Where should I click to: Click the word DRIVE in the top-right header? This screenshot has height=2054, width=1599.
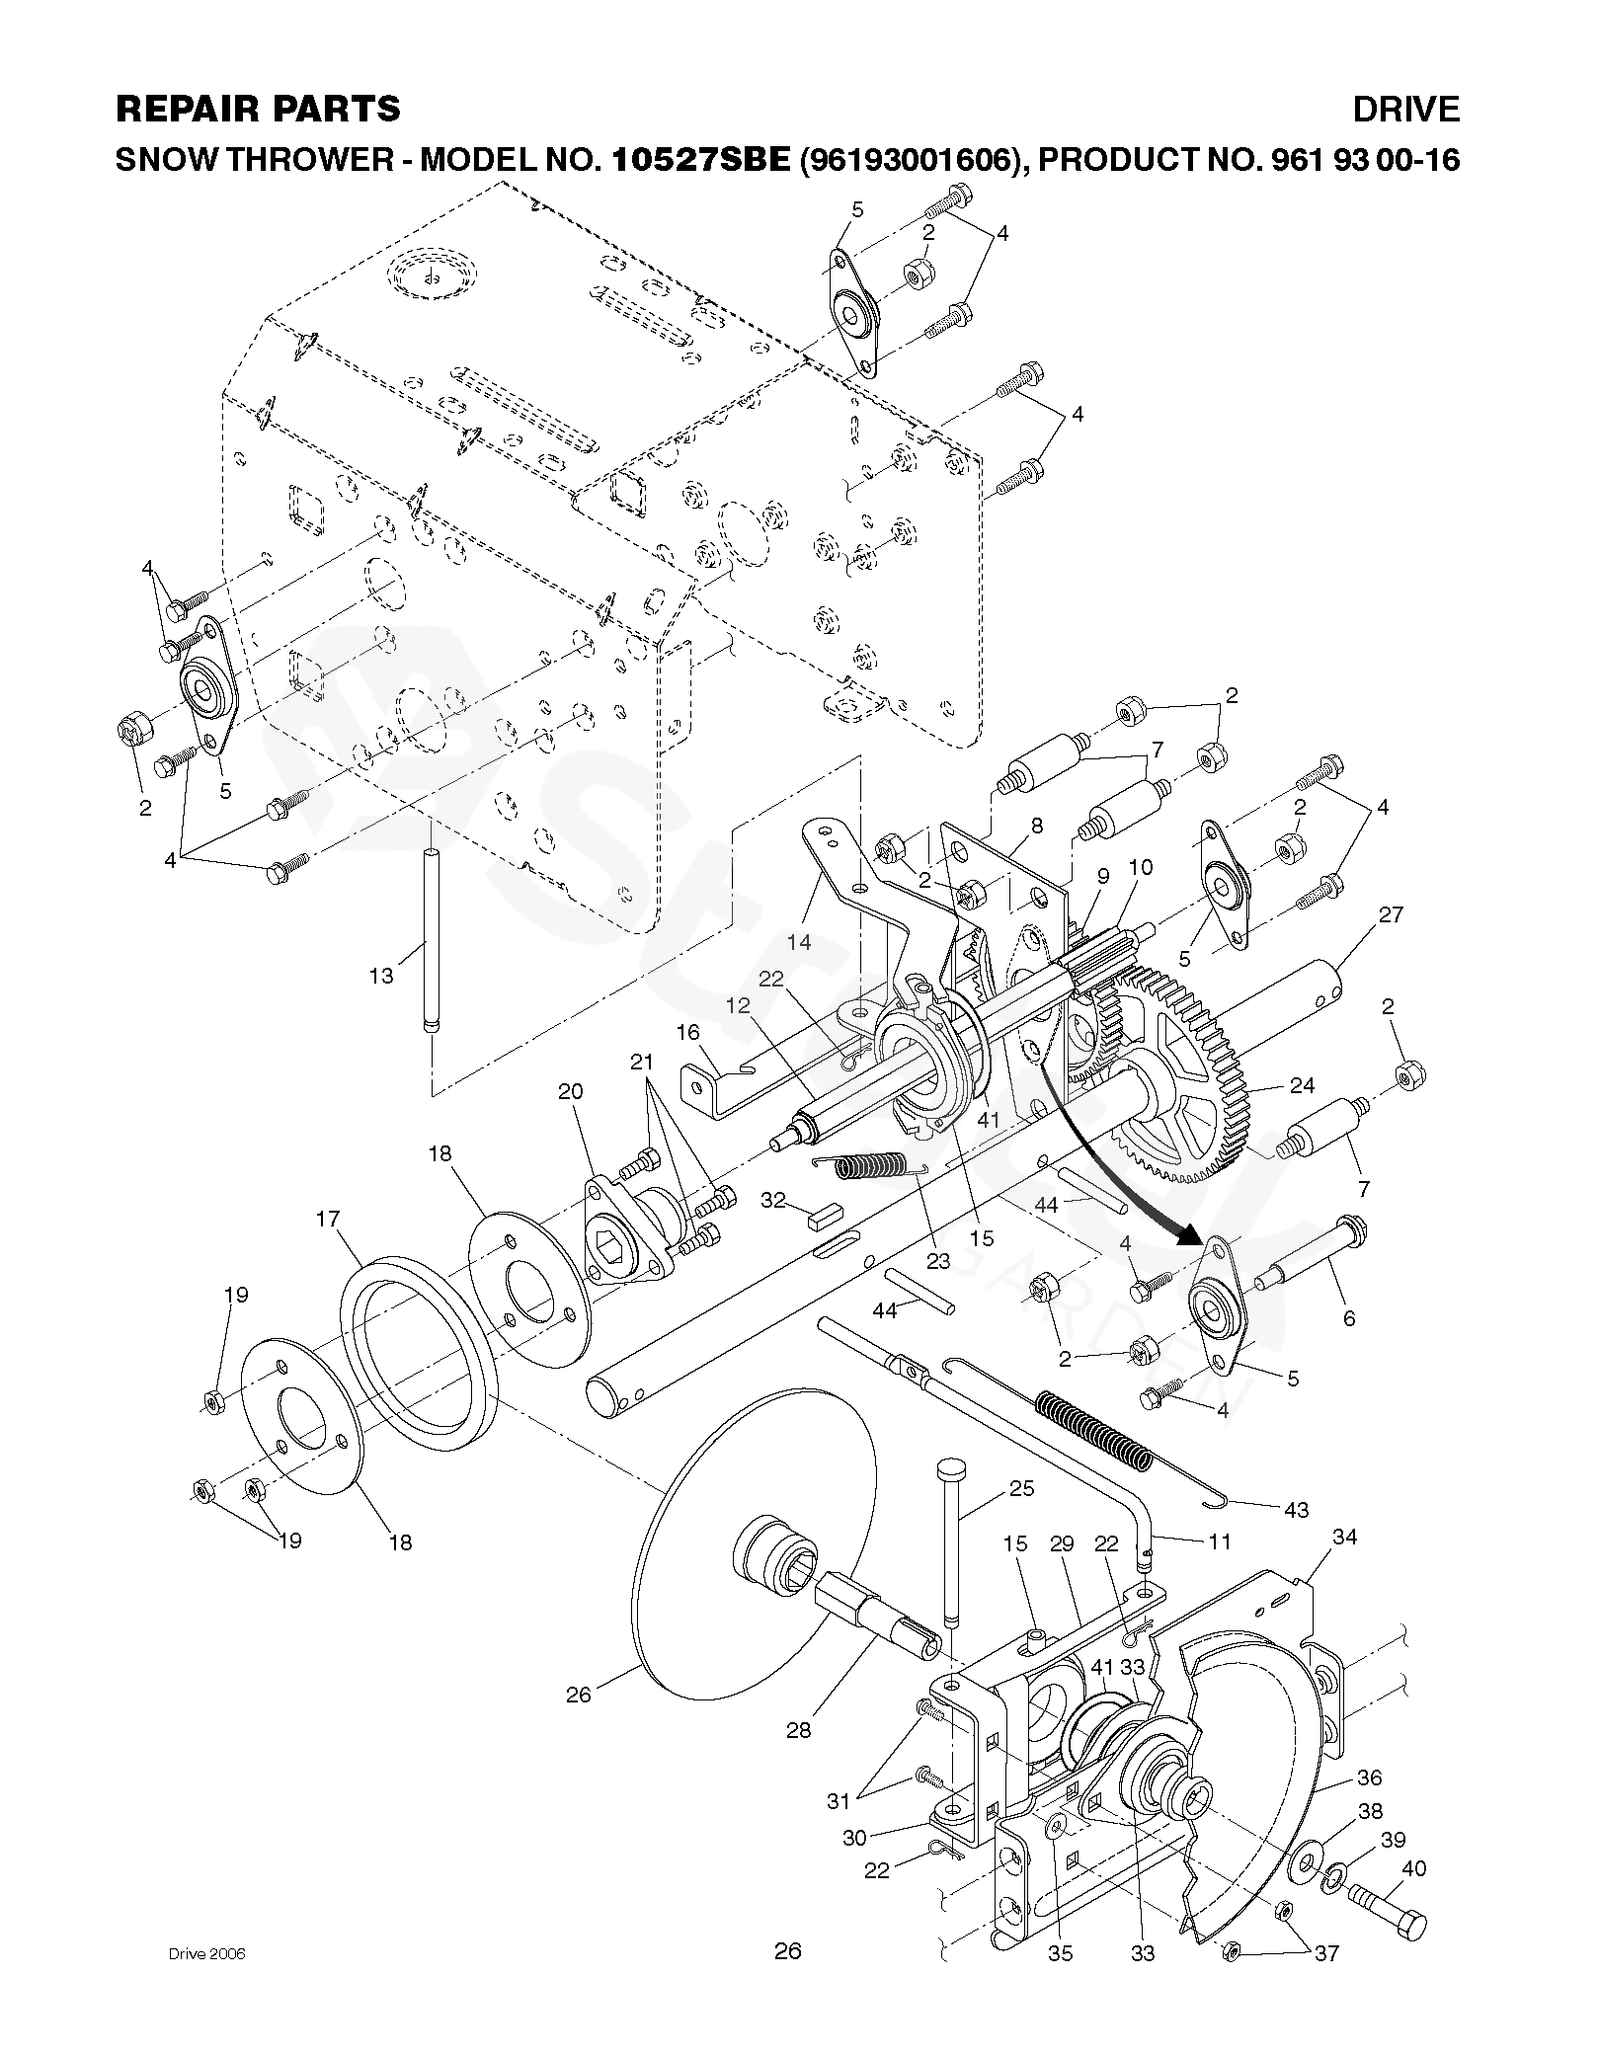(x=1405, y=109)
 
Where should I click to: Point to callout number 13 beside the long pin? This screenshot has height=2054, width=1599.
(x=381, y=976)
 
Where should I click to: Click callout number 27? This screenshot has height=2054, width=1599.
(x=1390, y=915)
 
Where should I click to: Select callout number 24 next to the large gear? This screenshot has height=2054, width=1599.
(x=1302, y=1086)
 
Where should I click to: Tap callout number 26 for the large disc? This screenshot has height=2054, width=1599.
(x=579, y=1694)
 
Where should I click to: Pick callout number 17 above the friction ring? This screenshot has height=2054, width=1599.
(x=328, y=1221)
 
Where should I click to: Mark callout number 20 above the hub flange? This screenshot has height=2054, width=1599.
(x=571, y=1091)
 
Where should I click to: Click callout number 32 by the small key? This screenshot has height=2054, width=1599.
(x=772, y=1200)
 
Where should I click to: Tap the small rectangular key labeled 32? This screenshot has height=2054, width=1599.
(x=817, y=1218)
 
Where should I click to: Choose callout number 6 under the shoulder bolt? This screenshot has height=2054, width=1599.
(x=1349, y=1317)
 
